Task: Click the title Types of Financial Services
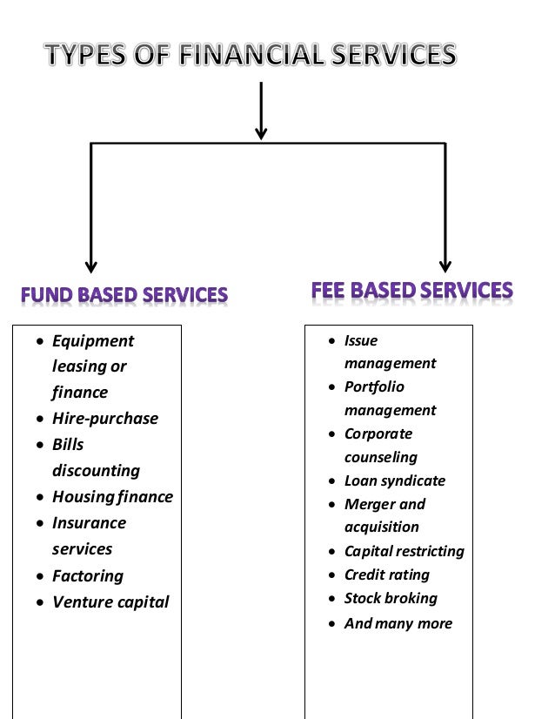click(251, 56)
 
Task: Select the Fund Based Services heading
click(124, 295)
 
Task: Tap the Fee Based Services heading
click(411, 290)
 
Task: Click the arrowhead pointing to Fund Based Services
click(91, 266)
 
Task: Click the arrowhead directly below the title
click(261, 132)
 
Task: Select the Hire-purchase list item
click(104, 419)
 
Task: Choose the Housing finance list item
click(112, 497)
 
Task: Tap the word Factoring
click(87, 576)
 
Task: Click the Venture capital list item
click(110, 602)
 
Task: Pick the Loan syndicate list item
click(394, 480)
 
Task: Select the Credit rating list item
click(386, 575)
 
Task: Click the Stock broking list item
click(391, 598)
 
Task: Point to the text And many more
click(398, 623)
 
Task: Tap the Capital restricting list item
click(404, 551)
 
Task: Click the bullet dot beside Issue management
click(332, 341)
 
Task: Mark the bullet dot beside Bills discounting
click(40, 445)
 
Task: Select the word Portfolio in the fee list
click(374, 386)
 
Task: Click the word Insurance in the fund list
click(89, 523)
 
